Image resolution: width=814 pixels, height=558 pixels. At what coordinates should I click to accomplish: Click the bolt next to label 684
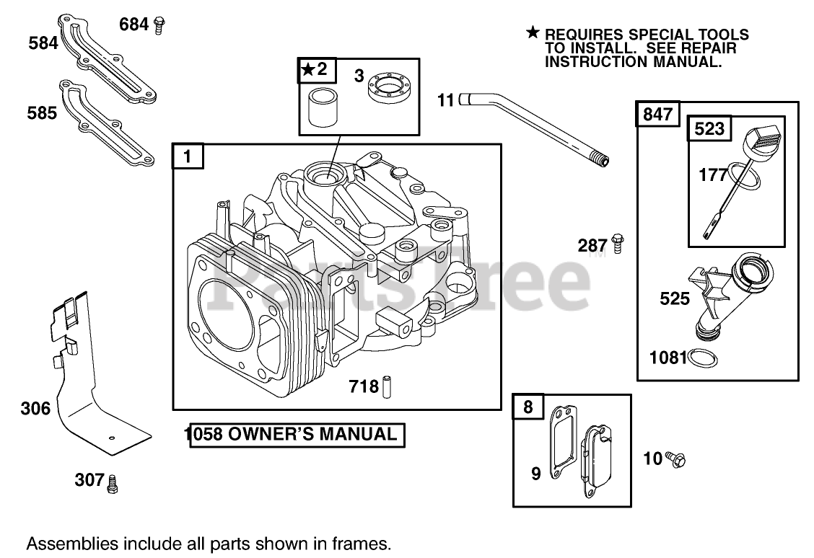pyautogui.click(x=159, y=25)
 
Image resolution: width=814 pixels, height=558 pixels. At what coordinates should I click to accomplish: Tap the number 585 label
pyautogui.click(x=42, y=113)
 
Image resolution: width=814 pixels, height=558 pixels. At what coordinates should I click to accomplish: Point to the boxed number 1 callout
pyautogui.click(x=188, y=156)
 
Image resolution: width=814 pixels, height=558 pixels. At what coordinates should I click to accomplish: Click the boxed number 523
pyautogui.click(x=709, y=129)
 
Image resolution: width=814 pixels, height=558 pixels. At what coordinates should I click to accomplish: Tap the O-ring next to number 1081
pyautogui.click(x=701, y=357)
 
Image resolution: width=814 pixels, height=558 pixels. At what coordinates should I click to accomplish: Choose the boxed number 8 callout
pyautogui.click(x=528, y=407)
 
